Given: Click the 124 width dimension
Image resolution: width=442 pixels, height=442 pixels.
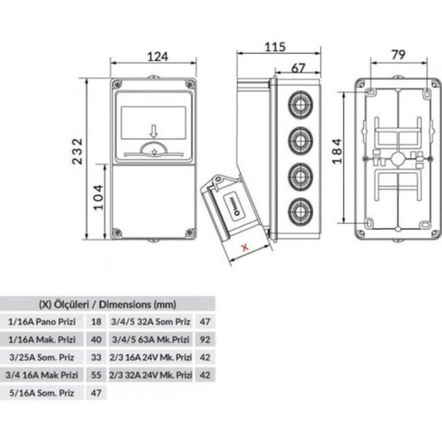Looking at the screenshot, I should pos(158,57).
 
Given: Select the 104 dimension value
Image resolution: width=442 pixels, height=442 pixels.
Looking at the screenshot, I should pos(98,197).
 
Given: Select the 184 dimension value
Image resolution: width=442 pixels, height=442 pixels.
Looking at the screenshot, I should pos(338,151).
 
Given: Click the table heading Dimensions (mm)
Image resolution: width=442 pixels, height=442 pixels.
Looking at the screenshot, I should pos(108,304).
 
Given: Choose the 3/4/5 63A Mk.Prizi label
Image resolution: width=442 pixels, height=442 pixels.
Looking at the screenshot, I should pos(150,340).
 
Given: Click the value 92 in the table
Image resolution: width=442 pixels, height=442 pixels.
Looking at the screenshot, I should pos(205,340).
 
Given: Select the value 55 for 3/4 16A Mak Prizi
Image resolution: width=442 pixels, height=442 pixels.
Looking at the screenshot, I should pos(96,375).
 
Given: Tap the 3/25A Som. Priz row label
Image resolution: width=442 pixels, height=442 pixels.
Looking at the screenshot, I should pos(41,357).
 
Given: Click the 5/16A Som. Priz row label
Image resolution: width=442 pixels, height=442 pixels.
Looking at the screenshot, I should pos(41,393).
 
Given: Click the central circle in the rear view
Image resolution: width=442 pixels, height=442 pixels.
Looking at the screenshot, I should pos(397,159).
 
